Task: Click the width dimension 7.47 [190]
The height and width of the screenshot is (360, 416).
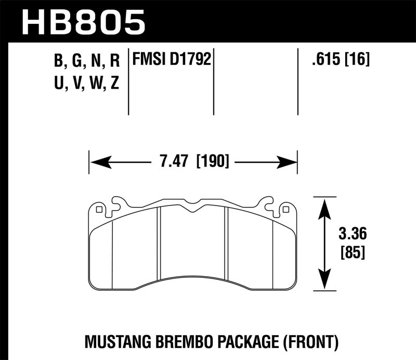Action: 193,162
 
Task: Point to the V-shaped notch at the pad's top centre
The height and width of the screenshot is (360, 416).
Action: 193,209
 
